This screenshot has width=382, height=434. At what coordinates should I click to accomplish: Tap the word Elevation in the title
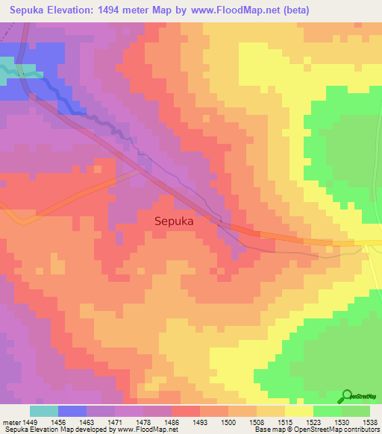(83, 10)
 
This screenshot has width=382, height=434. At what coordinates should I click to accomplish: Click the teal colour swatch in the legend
(44, 411)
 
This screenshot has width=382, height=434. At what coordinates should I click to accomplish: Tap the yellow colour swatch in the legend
(298, 411)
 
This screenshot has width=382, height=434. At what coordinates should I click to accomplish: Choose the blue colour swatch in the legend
(72, 411)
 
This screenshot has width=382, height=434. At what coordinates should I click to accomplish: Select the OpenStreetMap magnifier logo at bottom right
(347, 396)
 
